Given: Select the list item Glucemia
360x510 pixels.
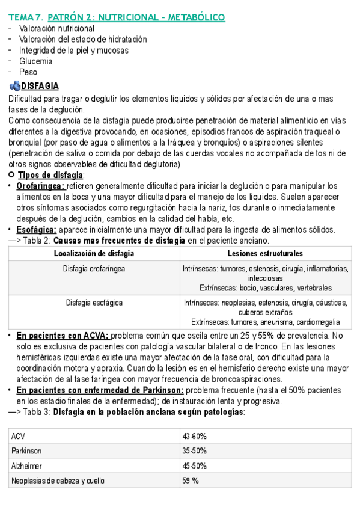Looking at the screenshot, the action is pyautogui.click(x=35, y=61).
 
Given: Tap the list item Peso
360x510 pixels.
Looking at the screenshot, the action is pyautogui.click(x=28, y=72).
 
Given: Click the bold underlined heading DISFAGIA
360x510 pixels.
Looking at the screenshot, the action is pyautogui.click(x=40, y=86).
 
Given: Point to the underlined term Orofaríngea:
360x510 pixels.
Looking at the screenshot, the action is pyautogui.click(x=40, y=186).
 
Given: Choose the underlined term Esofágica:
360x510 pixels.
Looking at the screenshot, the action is pyautogui.click(x=36, y=230).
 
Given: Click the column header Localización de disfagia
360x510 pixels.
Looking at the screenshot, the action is pyautogui.click(x=94, y=254).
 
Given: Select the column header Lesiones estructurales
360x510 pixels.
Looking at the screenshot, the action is pyautogui.click(x=265, y=254).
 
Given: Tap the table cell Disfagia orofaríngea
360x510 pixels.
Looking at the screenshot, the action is pyautogui.click(x=94, y=269).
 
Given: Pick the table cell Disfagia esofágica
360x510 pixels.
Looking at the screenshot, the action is pyautogui.click(x=94, y=302).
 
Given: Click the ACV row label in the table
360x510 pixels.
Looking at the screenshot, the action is pyautogui.click(x=17, y=436).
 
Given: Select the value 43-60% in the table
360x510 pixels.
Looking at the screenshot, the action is pyautogui.click(x=195, y=436).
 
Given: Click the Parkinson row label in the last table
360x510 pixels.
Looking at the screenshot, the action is pyautogui.click(x=26, y=451).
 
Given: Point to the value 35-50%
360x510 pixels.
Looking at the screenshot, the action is pyautogui.click(x=195, y=451).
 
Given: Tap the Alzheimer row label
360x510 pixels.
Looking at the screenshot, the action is pyautogui.click(x=26, y=466).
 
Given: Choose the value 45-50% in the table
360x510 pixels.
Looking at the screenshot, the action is pyautogui.click(x=195, y=466).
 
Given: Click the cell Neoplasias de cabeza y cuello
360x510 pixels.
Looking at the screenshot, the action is pyautogui.click(x=57, y=481).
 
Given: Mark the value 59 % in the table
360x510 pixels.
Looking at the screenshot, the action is pyautogui.click(x=191, y=481).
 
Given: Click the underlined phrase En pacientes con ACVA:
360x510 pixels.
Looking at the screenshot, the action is pyautogui.click(x=63, y=335).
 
